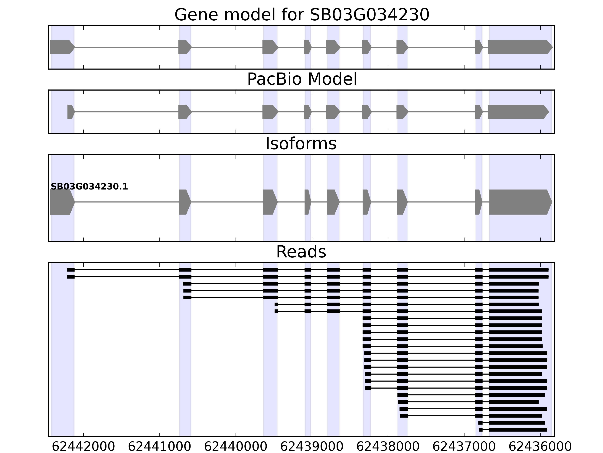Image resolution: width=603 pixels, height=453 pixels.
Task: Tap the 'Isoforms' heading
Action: pos(301,144)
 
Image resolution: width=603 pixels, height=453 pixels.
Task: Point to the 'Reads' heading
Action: pos(301,252)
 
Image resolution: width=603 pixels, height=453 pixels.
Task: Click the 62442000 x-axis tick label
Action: pos(83,447)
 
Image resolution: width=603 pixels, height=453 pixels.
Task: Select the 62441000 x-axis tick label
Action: pos(159,447)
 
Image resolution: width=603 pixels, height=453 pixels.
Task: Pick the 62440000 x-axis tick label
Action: pos(236,447)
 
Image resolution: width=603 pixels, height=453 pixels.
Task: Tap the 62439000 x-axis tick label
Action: pos(312,447)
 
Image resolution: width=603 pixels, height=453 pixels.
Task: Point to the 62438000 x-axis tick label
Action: pos(388,447)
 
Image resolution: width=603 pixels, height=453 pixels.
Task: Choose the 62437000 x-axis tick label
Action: pos(464,447)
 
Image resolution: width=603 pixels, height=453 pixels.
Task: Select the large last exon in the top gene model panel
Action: pos(519,47)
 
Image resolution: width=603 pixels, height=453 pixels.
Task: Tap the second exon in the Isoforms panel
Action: pos(184,202)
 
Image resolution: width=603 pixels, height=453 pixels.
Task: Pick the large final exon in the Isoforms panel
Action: pos(519,202)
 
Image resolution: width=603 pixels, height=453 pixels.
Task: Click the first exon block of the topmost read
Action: pos(71,270)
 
